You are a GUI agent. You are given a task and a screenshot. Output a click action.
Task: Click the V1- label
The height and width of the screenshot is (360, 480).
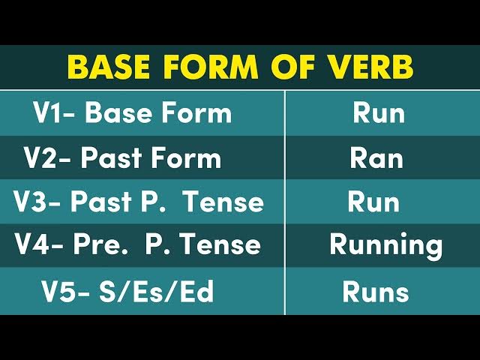pyautogui.click(x=55, y=113)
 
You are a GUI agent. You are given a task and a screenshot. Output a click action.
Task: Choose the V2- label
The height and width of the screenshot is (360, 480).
pyautogui.click(x=47, y=158)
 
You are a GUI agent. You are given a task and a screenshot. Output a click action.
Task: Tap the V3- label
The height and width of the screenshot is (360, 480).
pyautogui.click(x=38, y=202)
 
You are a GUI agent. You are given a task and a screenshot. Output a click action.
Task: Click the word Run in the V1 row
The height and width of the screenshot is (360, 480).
pyautogui.click(x=379, y=113)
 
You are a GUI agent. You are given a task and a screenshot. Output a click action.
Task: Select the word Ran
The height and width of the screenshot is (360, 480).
pyautogui.click(x=376, y=158)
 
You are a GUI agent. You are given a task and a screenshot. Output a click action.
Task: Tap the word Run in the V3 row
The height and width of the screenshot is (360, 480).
pyautogui.click(x=373, y=202)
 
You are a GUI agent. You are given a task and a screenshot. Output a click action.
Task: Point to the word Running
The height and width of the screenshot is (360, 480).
pyautogui.click(x=386, y=245)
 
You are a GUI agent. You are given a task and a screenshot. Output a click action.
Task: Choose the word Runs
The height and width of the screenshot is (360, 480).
pyautogui.click(x=376, y=292)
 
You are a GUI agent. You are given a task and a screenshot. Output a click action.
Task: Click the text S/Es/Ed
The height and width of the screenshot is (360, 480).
pyautogui.click(x=157, y=292)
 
